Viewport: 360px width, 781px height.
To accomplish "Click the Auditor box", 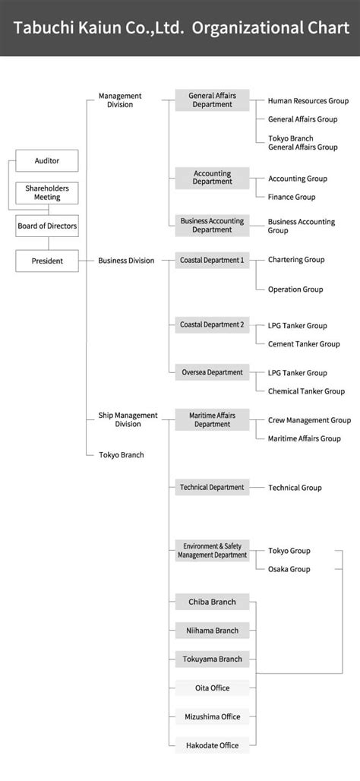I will pos(46,160).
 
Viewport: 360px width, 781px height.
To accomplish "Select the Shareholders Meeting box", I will pos(46,192).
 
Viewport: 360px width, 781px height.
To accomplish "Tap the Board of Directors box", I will pos(46,226).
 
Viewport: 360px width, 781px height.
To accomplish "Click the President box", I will pos(46,261).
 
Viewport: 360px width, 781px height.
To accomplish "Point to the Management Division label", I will pos(120,100).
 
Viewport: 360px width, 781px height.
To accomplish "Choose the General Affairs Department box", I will pos(212,100).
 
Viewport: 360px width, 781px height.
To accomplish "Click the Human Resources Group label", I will pos(308,100).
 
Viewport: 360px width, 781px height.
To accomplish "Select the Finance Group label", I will pos(291,197).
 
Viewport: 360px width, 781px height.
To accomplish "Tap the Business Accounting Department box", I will pos(212,225).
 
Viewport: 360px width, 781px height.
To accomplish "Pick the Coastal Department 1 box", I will pos(212,260).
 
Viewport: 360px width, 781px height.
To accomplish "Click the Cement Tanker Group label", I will pos(304,343).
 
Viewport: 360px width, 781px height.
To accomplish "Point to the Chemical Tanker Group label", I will pos(306,391).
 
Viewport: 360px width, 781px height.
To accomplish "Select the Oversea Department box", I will pos(212,372).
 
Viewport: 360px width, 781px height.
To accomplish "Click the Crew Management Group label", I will pos(309,420).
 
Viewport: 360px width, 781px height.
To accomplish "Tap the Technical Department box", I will pos(212,487).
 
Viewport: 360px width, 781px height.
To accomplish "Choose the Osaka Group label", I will pos(289,569).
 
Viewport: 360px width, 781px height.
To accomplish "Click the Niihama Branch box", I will pos(212,631).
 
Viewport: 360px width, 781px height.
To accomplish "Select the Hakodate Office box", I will pos(212,745).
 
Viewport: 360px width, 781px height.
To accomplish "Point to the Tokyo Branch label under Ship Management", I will pos(121,454).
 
